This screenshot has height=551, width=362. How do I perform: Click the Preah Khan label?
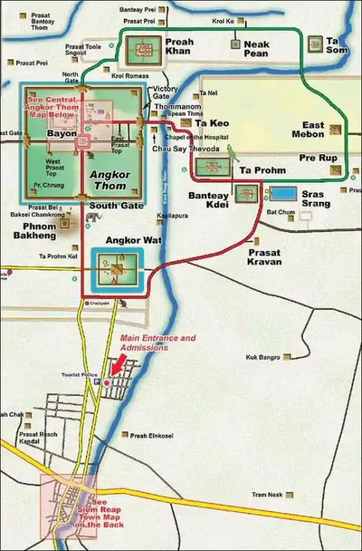tap(180, 47)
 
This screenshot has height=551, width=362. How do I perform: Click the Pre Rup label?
tap(318, 158)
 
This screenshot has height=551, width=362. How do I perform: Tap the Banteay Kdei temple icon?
tap(246, 194)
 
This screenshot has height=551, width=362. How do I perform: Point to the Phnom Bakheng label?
tap(34, 230)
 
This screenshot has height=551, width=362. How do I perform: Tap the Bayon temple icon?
tap(83, 142)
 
